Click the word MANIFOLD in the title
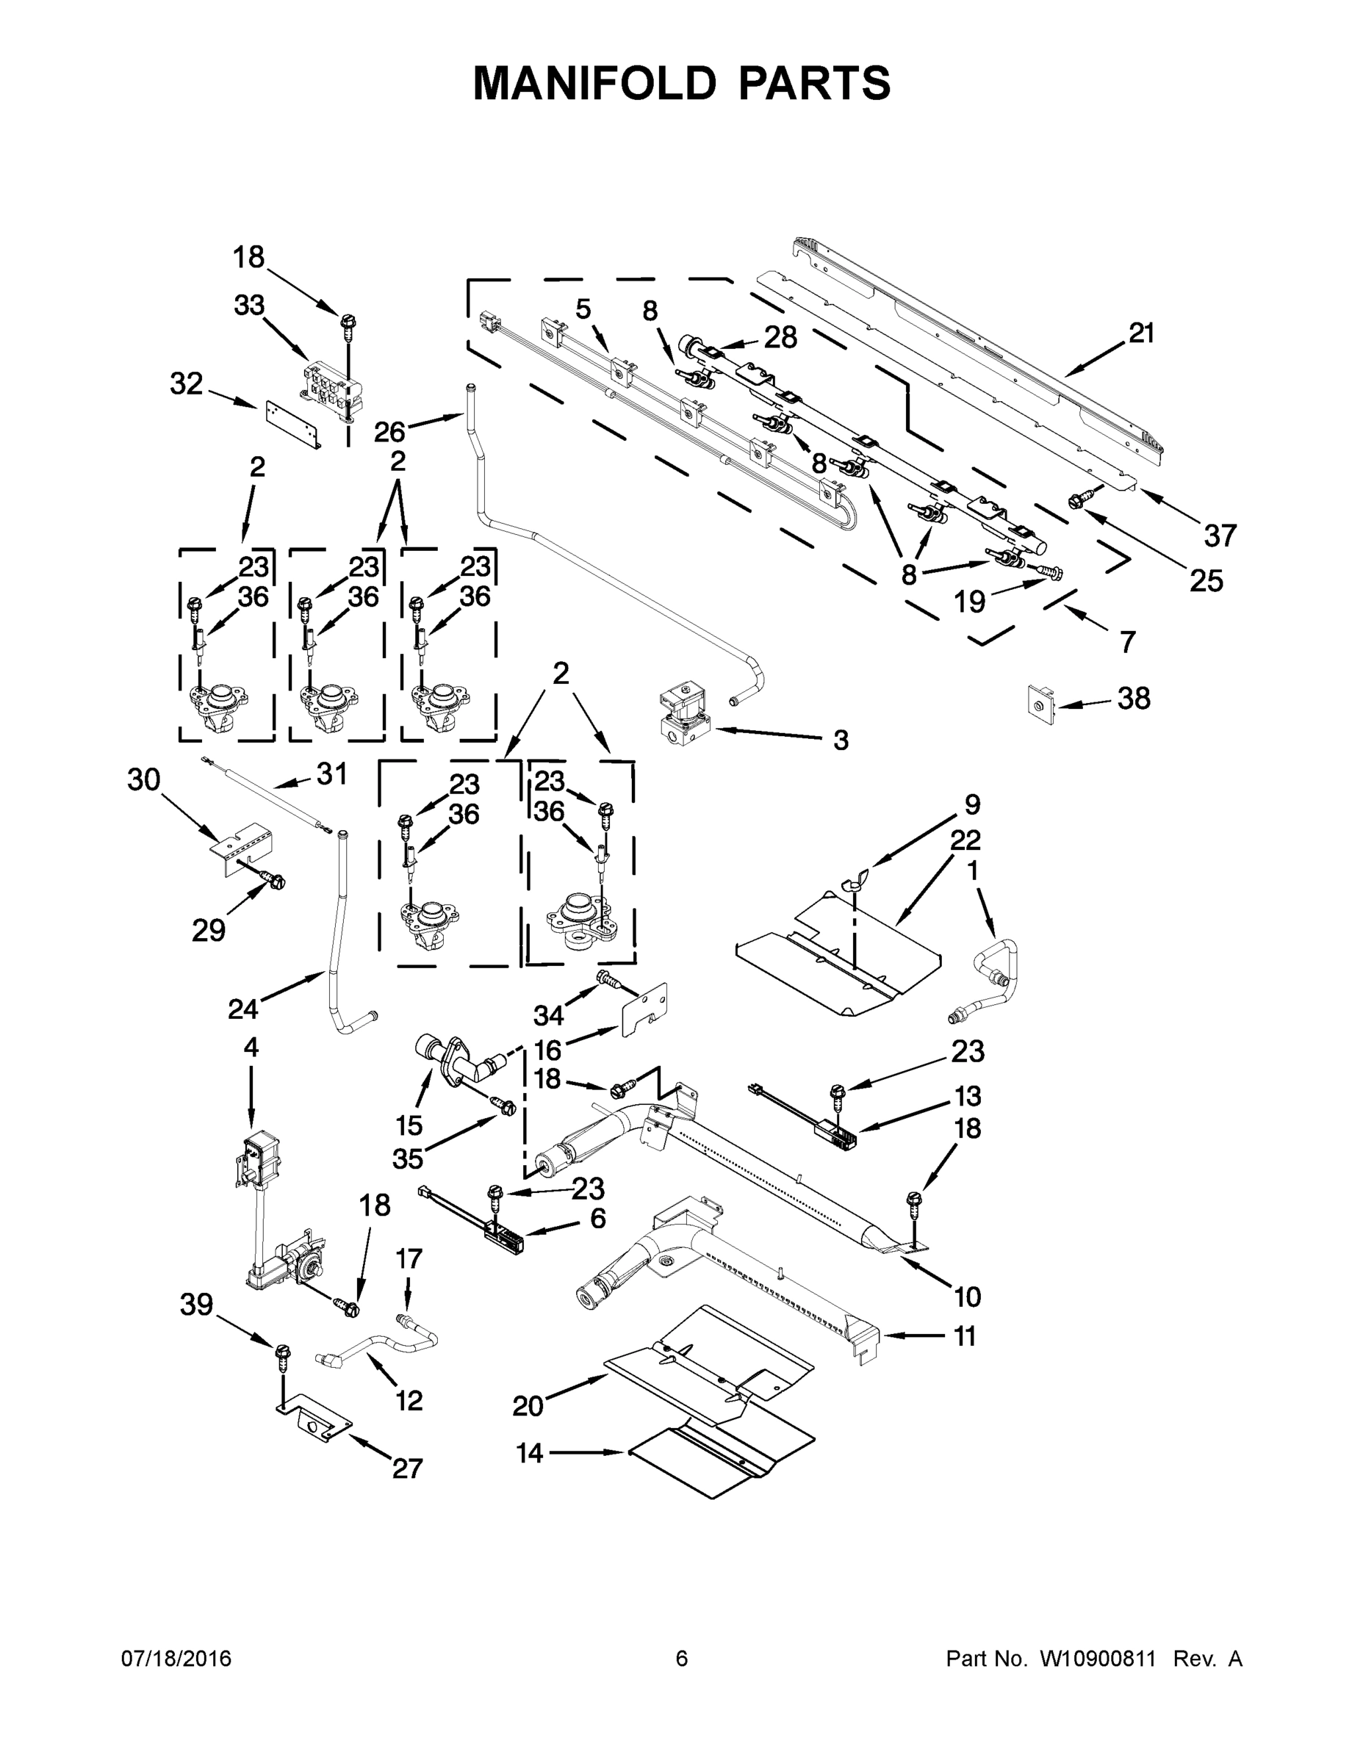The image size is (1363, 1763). (x=594, y=83)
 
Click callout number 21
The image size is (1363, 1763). (x=1141, y=333)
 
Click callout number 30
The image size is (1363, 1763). (x=144, y=780)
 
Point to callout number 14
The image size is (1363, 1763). (x=530, y=1454)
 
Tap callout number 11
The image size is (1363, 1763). (x=965, y=1336)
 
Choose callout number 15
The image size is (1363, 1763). (x=409, y=1125)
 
